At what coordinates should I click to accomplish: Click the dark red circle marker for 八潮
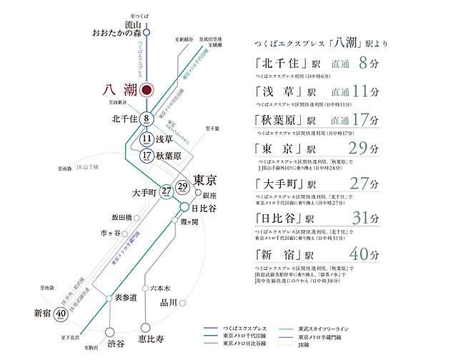146,91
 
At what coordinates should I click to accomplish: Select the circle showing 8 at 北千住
146,119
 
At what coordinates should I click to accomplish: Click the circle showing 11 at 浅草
146,139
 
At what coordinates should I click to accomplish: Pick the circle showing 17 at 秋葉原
146,155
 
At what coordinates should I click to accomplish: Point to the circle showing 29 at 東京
182,187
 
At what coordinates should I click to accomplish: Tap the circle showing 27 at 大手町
166,191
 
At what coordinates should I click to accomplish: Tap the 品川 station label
169,302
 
